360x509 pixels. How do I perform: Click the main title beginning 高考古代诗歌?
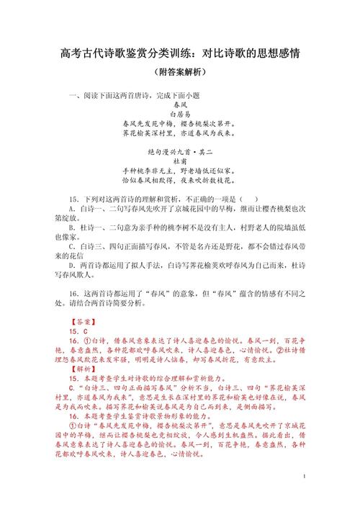tap(180, 54)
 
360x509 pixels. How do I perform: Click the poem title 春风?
tap(179, 104)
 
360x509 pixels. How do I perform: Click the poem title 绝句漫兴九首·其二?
tap(179, 153)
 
